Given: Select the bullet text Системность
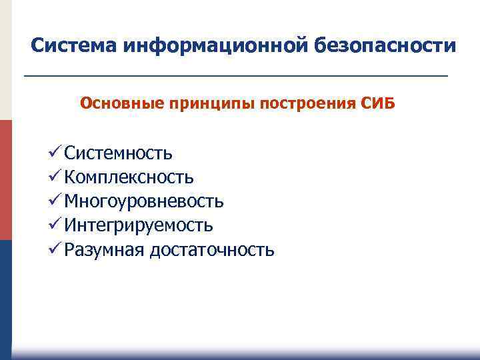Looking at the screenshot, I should point(119,154).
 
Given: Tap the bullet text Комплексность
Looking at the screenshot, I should point(129,178).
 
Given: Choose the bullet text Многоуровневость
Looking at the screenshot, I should point(144,202).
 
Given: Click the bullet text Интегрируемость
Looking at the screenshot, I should point(139,226).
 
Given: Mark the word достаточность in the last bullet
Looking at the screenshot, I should point(212,250).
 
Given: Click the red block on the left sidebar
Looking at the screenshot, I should point(5,180).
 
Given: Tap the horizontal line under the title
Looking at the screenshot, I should point(235,77).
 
